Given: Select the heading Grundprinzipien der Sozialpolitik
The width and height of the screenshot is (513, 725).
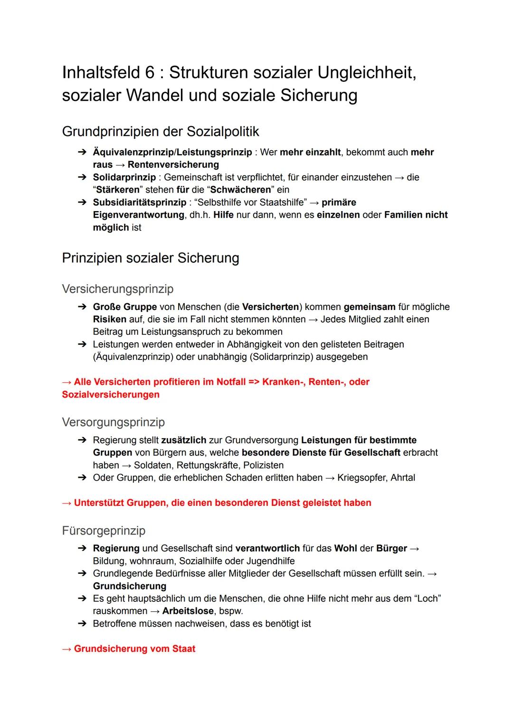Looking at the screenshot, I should click(161, 131).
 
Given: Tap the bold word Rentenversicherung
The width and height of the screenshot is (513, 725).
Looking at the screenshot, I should click(173, 165).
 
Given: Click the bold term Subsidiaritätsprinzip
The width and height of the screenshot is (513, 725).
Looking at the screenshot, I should click(139, 203).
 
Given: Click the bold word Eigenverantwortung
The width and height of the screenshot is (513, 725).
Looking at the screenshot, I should click(138, 215).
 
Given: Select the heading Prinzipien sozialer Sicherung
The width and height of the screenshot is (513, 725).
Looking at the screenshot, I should click(150, 258).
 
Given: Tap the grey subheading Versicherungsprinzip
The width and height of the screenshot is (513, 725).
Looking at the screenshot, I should click(117, 289).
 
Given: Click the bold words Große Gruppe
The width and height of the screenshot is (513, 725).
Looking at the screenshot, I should click(124, 307).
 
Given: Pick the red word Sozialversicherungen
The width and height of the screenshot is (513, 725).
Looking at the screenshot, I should click(111, 395).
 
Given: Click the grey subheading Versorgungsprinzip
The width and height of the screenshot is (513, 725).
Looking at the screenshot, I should click(113, 422).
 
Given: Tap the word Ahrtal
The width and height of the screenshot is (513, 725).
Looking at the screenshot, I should click(402, 478).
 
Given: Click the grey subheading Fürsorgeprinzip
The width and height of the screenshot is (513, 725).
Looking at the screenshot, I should click(103, 531).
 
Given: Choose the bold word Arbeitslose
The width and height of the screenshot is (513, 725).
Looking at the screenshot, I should click(188, 611).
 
